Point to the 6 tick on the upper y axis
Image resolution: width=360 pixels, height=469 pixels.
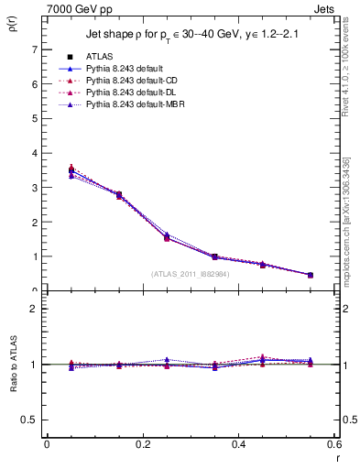34,84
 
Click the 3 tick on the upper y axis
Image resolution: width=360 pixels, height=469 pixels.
34,188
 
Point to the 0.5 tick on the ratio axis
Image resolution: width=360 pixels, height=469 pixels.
30,420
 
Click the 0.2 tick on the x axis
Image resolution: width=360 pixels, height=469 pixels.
142,444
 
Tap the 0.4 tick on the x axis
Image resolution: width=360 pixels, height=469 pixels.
238,444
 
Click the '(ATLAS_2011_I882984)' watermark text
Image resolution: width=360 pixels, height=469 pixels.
190,272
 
